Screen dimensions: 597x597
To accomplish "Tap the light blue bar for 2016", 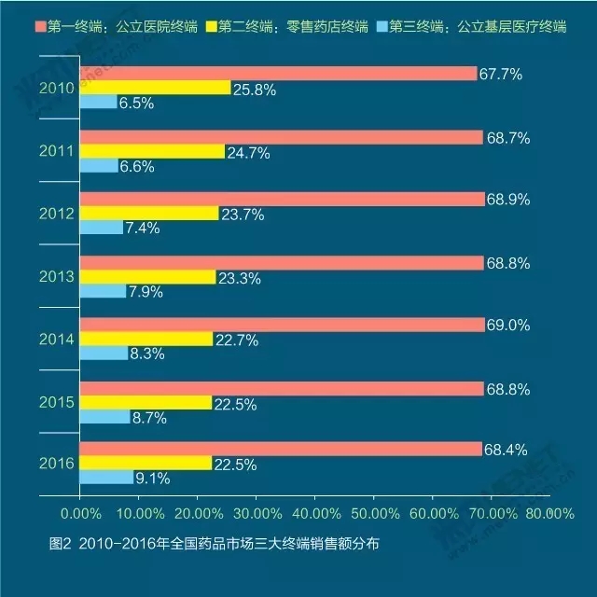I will click(x=106, y=478).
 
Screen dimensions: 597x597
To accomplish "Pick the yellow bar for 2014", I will click(x=146, y=339).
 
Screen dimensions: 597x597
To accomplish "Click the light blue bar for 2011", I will click(x=99, y=165).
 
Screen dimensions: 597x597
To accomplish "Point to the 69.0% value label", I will click(x=508, y=325).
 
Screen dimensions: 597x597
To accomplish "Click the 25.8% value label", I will click(x=255, y=88).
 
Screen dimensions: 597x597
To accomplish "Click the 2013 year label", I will click(x=57, y=276).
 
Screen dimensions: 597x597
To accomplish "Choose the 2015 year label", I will click(x=57, y=402).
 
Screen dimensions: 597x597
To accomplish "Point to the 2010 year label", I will click(x=57, y=89).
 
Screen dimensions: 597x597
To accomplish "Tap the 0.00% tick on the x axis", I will click(x=80, y=513).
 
